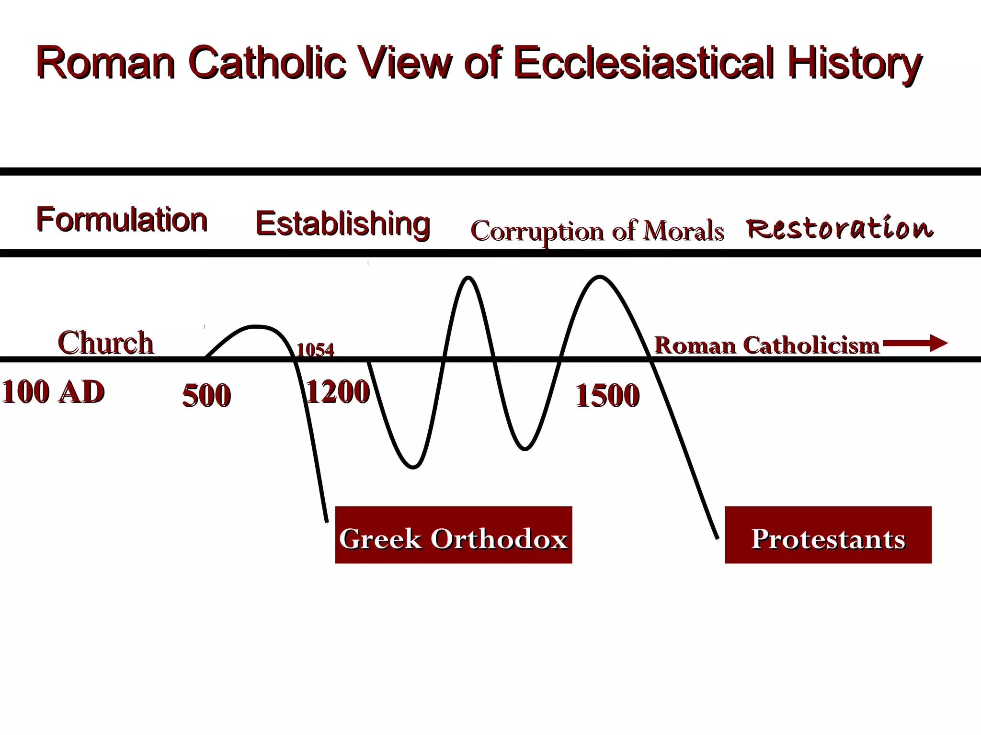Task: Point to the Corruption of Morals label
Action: coord(597,231)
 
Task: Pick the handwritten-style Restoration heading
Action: coord(840,227)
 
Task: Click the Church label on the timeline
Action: coord(105,343)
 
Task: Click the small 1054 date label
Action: coord(315,350)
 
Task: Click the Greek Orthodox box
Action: coord(453,535)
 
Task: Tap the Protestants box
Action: coord(828,535)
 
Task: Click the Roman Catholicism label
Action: coord(766,345)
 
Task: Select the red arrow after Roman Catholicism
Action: coord(915,343)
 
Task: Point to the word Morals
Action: coord(683,231)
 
